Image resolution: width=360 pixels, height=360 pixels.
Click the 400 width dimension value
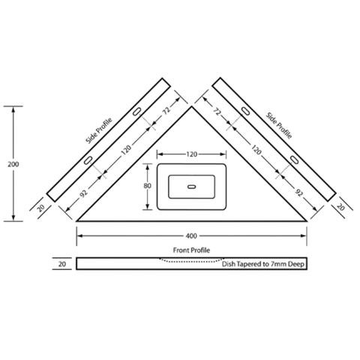coord(191,235)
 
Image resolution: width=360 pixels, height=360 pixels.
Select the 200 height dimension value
coord(13,164)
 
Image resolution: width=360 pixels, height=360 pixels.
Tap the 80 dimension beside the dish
coord(147,186)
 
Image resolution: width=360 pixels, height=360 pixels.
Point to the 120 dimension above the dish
coord(191,154)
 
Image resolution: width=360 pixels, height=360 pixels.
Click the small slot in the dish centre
coord(191,187)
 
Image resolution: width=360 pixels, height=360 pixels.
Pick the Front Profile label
coord(191,250)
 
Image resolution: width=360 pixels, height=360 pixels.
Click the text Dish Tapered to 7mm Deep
coord(263,264)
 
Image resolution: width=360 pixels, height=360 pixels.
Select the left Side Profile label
coord(99,130)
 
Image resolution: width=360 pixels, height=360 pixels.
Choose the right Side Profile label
coord(279,125)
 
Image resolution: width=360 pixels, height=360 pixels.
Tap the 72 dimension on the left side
coord(166,110)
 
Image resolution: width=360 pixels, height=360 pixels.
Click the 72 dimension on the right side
coord(217,112)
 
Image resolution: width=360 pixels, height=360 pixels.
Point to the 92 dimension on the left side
coord(84,193)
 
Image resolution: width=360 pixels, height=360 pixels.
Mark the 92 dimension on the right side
coord(298,192)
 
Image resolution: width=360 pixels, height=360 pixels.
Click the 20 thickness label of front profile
coord(61,264)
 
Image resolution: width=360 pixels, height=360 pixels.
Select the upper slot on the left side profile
coord(136,112)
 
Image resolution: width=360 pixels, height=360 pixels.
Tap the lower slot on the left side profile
coord(88,160)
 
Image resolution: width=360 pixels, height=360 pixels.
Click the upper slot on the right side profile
coord(245,111)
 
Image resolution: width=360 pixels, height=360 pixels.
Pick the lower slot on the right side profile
coord(294,160)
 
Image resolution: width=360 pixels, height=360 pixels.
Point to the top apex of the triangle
coord(191,106)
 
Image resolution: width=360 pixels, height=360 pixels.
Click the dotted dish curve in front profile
coord(191,262)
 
